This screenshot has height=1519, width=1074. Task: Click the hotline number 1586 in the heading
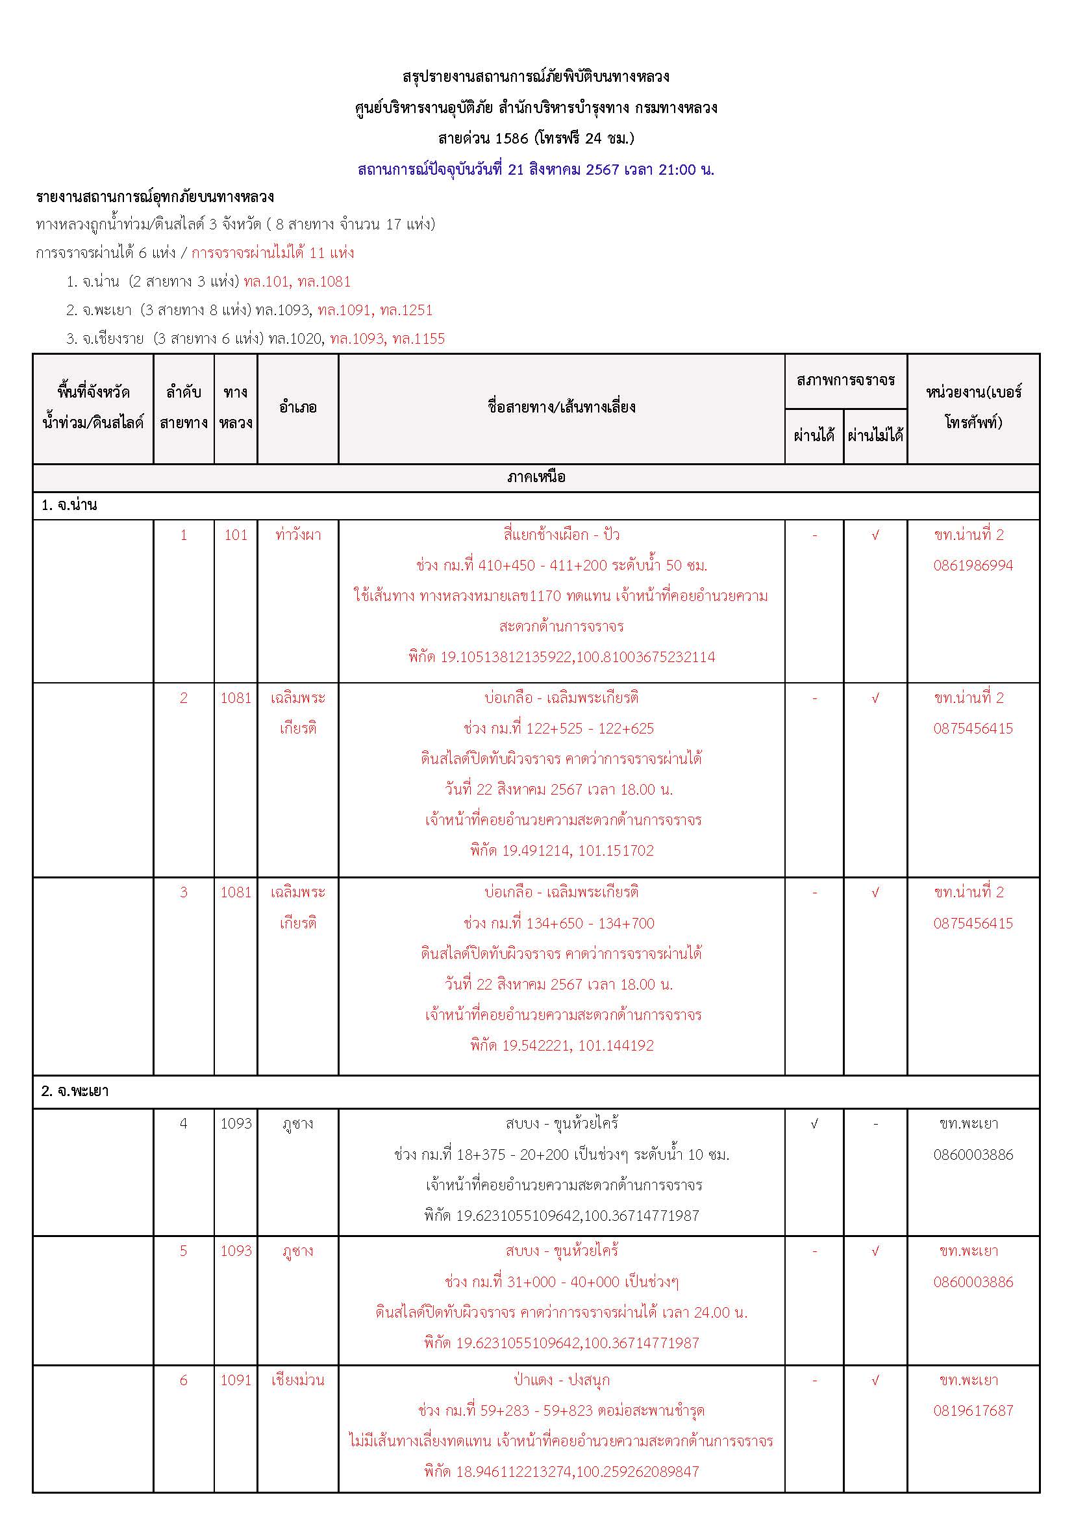511,138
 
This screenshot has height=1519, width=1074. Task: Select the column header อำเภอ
297,407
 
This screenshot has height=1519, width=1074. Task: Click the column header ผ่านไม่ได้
875,435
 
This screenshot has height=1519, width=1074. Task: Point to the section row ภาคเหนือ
536,477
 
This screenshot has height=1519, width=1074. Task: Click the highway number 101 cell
236,535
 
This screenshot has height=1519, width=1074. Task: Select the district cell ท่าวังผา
297,535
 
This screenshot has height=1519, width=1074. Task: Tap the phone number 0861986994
973,565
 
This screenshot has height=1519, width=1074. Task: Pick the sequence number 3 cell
184,892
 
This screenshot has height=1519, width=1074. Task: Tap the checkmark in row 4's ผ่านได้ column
814,1123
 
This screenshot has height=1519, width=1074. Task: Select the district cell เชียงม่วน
297,1380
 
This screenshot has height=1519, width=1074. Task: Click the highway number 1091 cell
236,1380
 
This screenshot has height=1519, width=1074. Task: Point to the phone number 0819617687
973,1410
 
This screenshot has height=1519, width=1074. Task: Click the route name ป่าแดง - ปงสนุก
562,1380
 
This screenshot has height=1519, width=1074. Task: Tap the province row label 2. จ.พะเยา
75,1091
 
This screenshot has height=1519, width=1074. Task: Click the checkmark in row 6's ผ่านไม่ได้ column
875,1380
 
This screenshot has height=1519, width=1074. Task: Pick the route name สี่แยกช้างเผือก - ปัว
562,535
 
